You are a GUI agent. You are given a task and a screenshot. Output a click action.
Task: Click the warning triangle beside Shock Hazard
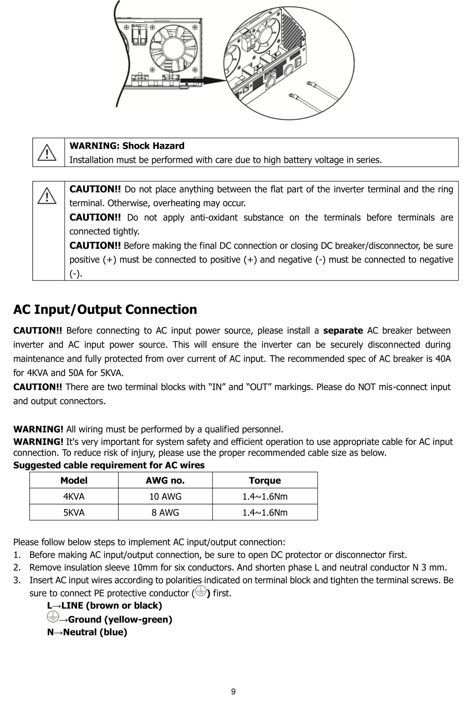[47, 153]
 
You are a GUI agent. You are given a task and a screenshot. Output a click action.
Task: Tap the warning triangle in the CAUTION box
[47, 195]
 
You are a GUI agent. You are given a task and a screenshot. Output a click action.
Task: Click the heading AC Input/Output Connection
[105, 309]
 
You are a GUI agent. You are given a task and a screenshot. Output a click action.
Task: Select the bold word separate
[343, 330]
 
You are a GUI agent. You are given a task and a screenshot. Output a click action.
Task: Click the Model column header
[74, 480]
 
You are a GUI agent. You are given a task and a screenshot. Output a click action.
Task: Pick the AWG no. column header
[165, 480]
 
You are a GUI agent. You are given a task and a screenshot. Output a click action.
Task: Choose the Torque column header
[265, 480]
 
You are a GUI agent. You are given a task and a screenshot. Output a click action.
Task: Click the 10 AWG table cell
[165, 496]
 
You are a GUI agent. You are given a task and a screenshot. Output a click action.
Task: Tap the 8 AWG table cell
[165, 512]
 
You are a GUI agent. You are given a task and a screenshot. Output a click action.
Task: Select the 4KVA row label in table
[74, 496]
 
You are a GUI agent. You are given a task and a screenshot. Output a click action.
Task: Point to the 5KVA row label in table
[74, 512]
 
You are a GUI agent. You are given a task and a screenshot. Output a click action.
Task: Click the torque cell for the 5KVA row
[265, 512]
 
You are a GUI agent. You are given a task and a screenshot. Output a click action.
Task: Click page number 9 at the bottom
[233, 692]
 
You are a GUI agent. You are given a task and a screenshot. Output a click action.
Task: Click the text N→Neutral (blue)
[87, 632]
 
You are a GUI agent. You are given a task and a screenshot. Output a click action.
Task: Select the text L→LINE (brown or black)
[104, 605]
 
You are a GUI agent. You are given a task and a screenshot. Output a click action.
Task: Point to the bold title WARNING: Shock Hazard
[127, 146]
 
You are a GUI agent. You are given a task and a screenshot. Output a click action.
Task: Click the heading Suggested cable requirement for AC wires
[109, 465]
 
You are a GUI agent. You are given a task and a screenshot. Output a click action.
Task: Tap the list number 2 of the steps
[16, 567]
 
